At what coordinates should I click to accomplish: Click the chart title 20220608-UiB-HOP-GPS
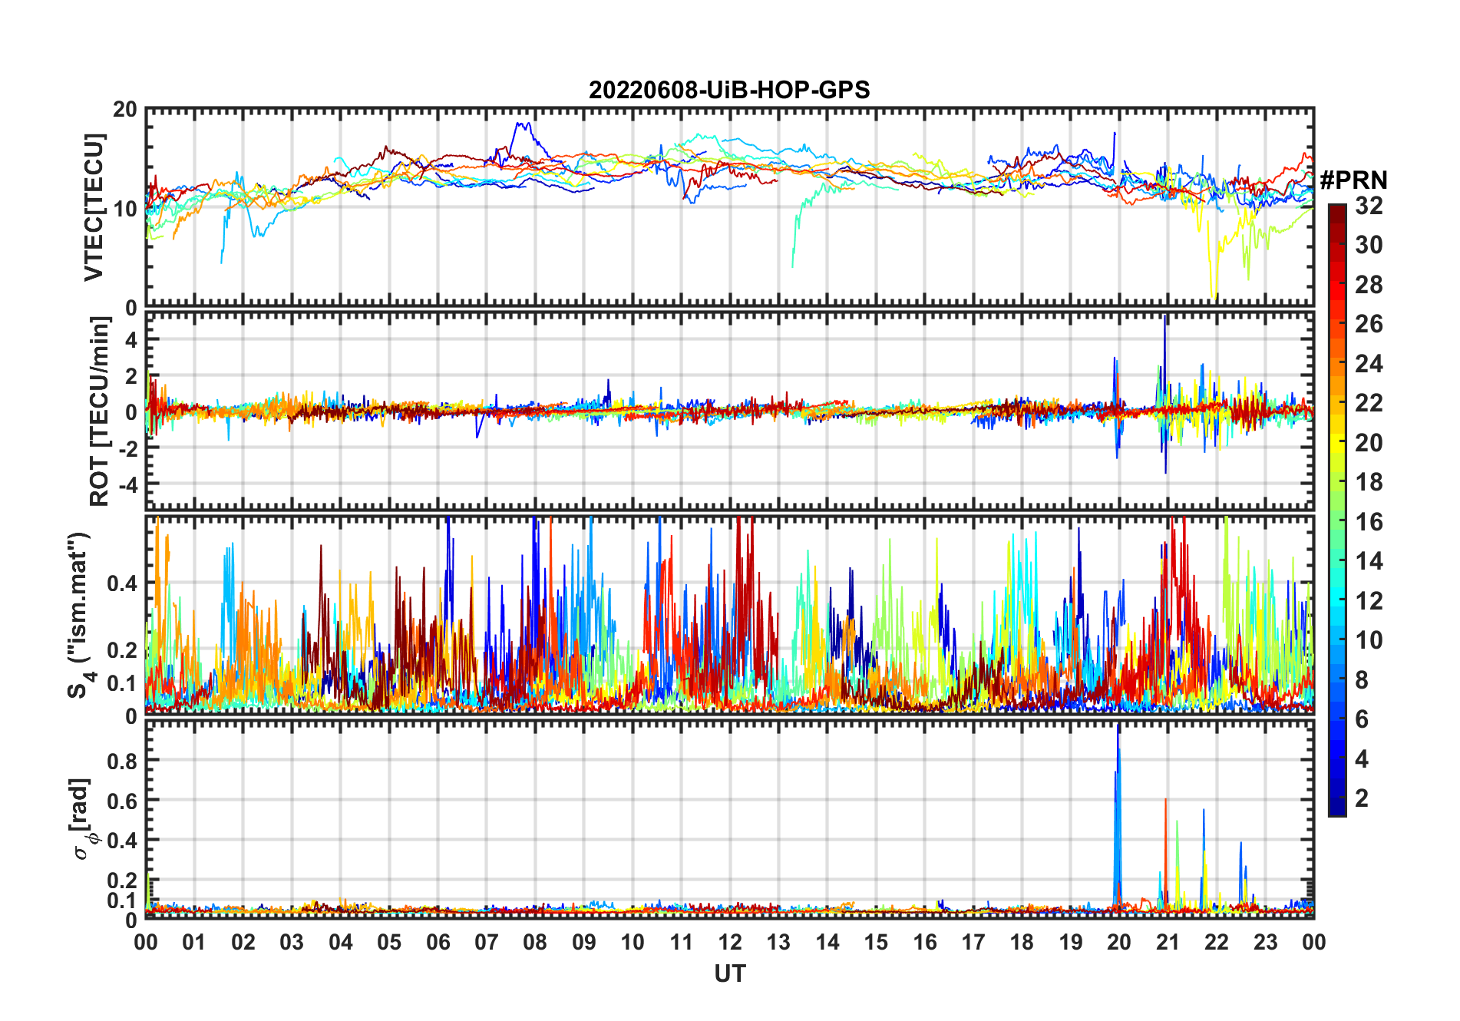(x=729, y=91)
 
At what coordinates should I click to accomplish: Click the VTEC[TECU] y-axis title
(x=94, y=208)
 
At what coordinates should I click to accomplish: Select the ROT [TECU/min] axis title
(x=99, y=411)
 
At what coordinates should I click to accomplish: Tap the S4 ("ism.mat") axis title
(x=79, y=615)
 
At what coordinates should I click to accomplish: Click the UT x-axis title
(x=729, y=974)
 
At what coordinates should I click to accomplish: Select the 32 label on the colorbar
(x=1369, y=206)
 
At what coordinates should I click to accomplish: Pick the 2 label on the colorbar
(x=1362, y=798)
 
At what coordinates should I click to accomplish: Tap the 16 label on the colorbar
(x=1369, y=522)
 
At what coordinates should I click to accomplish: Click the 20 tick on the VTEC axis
(x=125, y=110)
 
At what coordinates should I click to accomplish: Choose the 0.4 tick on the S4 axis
(x=121, y=583)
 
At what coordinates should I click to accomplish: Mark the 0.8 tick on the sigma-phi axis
(x=121, y=761)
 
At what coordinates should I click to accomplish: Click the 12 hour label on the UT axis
(x=729, y=943)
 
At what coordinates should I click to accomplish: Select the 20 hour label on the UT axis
(x=1119, y=943)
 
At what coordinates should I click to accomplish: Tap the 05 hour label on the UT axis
(x=389, y=943)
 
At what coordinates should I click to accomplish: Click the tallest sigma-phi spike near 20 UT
(x=1118, y=728)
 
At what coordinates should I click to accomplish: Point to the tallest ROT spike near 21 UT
(x=1165, y=317)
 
